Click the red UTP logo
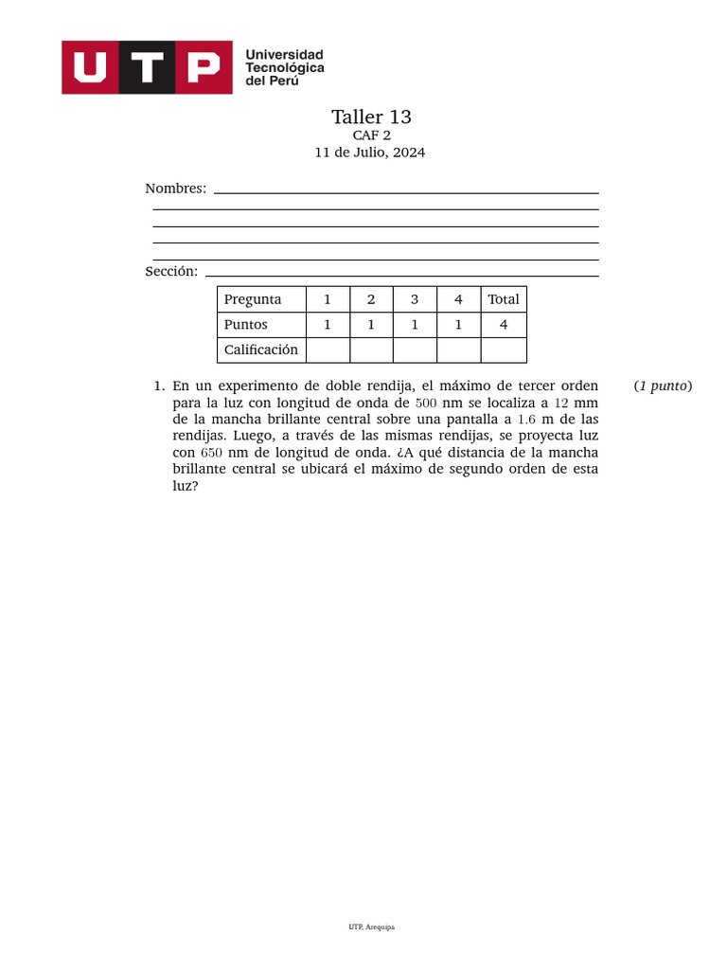click(147, 67)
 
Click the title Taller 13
click(371, 117)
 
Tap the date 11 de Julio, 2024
click(370, 153)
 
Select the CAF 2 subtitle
click(371, 135)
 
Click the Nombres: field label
click(175, 189)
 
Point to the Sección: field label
click(171, 271)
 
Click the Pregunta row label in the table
click(253, 299)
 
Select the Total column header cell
click(504, 299)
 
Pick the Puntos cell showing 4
click(504, 325)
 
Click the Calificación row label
click(260, 350)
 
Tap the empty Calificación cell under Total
click(504, 350)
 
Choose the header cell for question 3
click(415, 299)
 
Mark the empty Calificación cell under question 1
click(328, 350)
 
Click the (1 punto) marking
click(663, 386)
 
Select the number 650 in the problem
click(211, 453)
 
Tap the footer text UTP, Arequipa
click(371, 927)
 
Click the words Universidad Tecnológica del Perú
click(284, 67)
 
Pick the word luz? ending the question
click(186, 486)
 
